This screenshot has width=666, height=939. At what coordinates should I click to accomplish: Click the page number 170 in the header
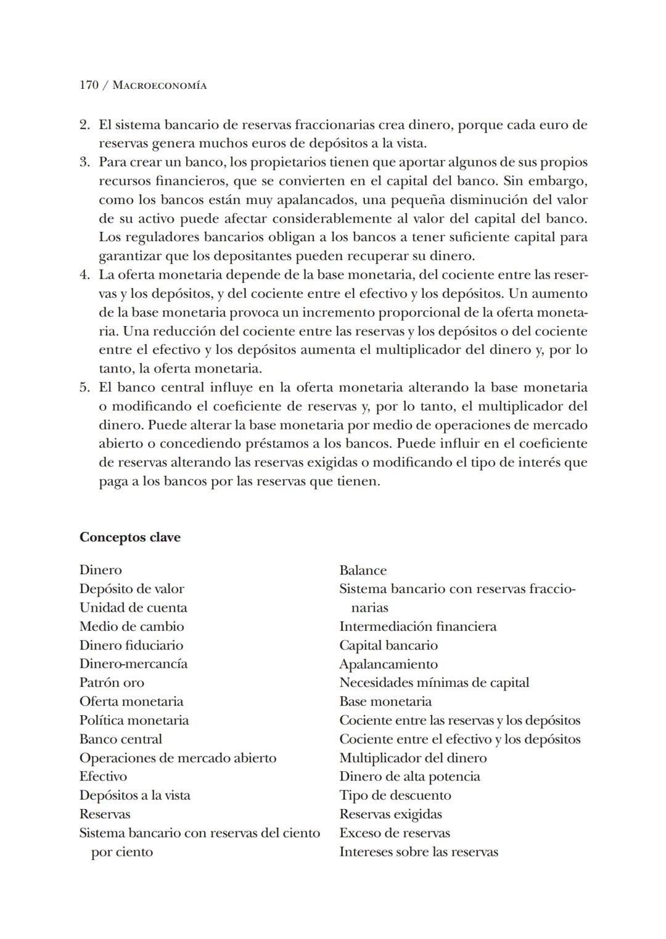point(89,85)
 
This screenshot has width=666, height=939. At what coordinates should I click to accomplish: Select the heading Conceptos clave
point(130,537)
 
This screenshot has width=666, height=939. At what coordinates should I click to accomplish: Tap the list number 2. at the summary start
point(85,125)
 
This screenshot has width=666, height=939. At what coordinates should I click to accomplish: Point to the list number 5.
point(85,388)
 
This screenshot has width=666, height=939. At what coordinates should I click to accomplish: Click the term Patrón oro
point(112,683)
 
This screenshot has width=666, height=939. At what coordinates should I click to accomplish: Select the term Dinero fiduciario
point(131,645)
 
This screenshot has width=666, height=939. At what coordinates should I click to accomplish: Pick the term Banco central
point(121,739)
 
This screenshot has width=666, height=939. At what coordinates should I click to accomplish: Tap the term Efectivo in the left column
point(103,776)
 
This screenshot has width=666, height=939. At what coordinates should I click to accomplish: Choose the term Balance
point(363,570)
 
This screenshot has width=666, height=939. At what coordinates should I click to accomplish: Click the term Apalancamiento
point(388,664)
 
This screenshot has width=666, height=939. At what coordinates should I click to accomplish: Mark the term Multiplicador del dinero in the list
point(413,758)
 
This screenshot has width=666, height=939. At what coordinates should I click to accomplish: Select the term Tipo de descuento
point(395,795)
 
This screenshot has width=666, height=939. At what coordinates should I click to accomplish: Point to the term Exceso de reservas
point(395,833)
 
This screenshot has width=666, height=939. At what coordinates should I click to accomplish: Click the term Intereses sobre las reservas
point(419,852)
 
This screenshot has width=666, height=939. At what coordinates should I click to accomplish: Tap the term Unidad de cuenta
point(133,607)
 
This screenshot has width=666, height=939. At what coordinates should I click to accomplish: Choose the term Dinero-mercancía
point(133,663)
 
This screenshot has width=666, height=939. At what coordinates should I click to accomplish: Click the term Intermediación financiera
point(418,626)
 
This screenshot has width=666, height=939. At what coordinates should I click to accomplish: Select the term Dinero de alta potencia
point(409,776)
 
